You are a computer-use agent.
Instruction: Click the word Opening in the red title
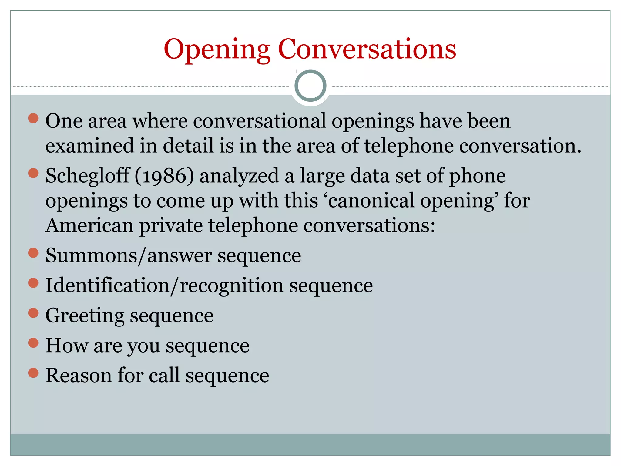pyautogui.click(x=217, y=50)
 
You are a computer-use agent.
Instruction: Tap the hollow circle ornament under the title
pyautogui.click(x=310, y=86)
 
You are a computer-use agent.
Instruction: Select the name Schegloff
pyautogui.click(x=87, y=176)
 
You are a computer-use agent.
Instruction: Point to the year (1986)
pyautogui.click(x=164, y=176)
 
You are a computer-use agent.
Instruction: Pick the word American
pyautogui.click(x=89, y=226)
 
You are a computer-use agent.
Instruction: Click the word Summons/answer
pyautogui.click(x=129, y=255)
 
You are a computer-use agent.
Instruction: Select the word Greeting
pyautogui.click(x=85, y=316)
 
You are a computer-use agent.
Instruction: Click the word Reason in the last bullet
pyautogui.click(x=79, y=375)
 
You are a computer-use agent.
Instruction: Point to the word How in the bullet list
pyautogui.click(x=67, y=345)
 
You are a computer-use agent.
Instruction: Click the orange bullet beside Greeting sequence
pyautogui.click(x=33, y=313)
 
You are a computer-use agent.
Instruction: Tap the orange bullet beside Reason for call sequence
pyautogui.click(x=33, y=373)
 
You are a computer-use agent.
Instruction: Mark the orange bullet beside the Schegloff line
pyautogui.click(x=33, y=174)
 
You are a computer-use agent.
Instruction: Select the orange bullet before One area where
pyautogui.click(x=33, y=118)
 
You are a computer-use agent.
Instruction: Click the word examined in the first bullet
pyautogui.click(x=89, y=146)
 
